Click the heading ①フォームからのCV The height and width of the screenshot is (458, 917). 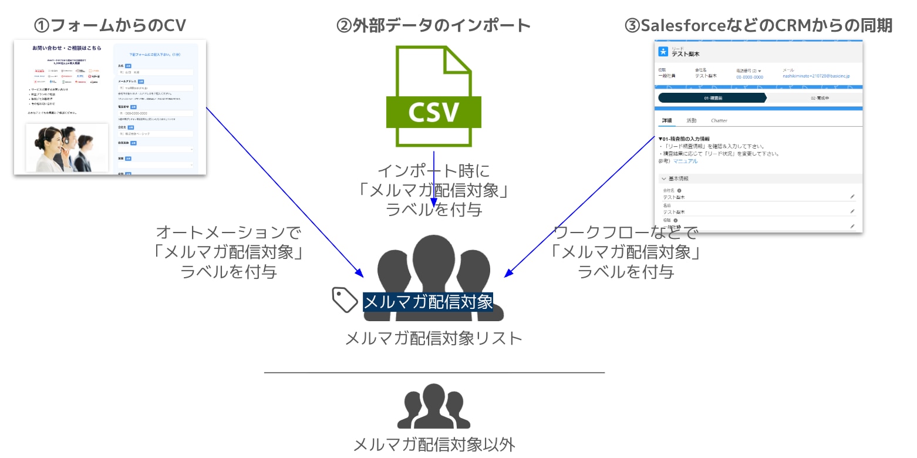coord(110,25)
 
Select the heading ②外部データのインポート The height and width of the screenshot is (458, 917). coord(433,25)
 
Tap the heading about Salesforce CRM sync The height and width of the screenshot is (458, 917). coord(758,25)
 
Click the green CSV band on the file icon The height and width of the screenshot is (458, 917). coord(433,112)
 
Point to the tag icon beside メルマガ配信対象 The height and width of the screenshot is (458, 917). coord(345,299)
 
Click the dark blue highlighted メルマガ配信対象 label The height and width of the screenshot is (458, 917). coord(428,302)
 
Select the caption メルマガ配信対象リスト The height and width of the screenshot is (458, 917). coord(433,339)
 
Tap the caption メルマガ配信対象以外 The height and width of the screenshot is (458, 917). coord(434,444)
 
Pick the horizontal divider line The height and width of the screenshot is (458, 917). coord(434,372)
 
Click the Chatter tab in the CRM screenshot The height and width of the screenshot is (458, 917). coord(719,121)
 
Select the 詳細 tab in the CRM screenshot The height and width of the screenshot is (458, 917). coord(667,121)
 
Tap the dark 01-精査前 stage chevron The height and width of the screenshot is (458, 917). coord(712,98)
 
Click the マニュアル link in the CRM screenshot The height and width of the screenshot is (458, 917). coord(685,161)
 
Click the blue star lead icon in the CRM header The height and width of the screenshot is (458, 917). coord(663,52)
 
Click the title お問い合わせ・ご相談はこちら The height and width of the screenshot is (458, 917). coord(67,48)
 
